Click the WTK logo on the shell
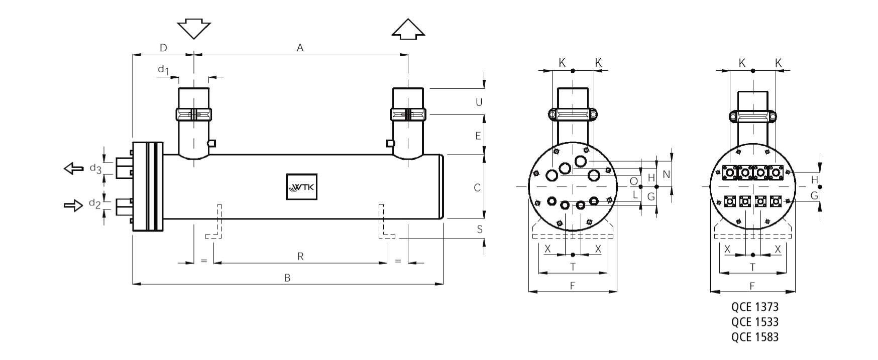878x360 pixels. pyautogui.click(x=301, y=187)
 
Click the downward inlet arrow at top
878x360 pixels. pyautogui.click(x=194, y=30)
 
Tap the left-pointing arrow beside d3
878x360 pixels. pyautogui.click(x=74, y=168)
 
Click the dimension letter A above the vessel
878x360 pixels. pyautogui.click(x=300, y=48)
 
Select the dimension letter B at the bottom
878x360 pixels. pyautogui.click(x=287, y=278)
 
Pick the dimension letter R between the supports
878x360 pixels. pyautogui.click(x=300, y=257)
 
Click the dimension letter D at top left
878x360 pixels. pyautogui.click(x=163, y=48)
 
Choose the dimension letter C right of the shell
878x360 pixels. pyautogui.click(x=477, y=188)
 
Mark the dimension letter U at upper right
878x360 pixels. pyautogui.click(x=479, y=102)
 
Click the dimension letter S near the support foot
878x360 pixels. pyautogui.click(x=480, y=229)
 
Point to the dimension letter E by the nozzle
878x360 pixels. pyautogui.click(x=478, y=136)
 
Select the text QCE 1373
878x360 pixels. pyautogui.click(x=755, y=307)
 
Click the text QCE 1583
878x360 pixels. pyautogui.click(x=755, y=337)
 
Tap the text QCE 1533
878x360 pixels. pyautogui.click(x=755, y=322)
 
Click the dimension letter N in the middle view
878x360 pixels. pyautogui.click(x=667, y=174)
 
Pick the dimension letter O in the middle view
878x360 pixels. pyautogui.click(x=634, y=181)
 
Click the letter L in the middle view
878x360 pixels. pyautogui.click(x=635, y=194)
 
